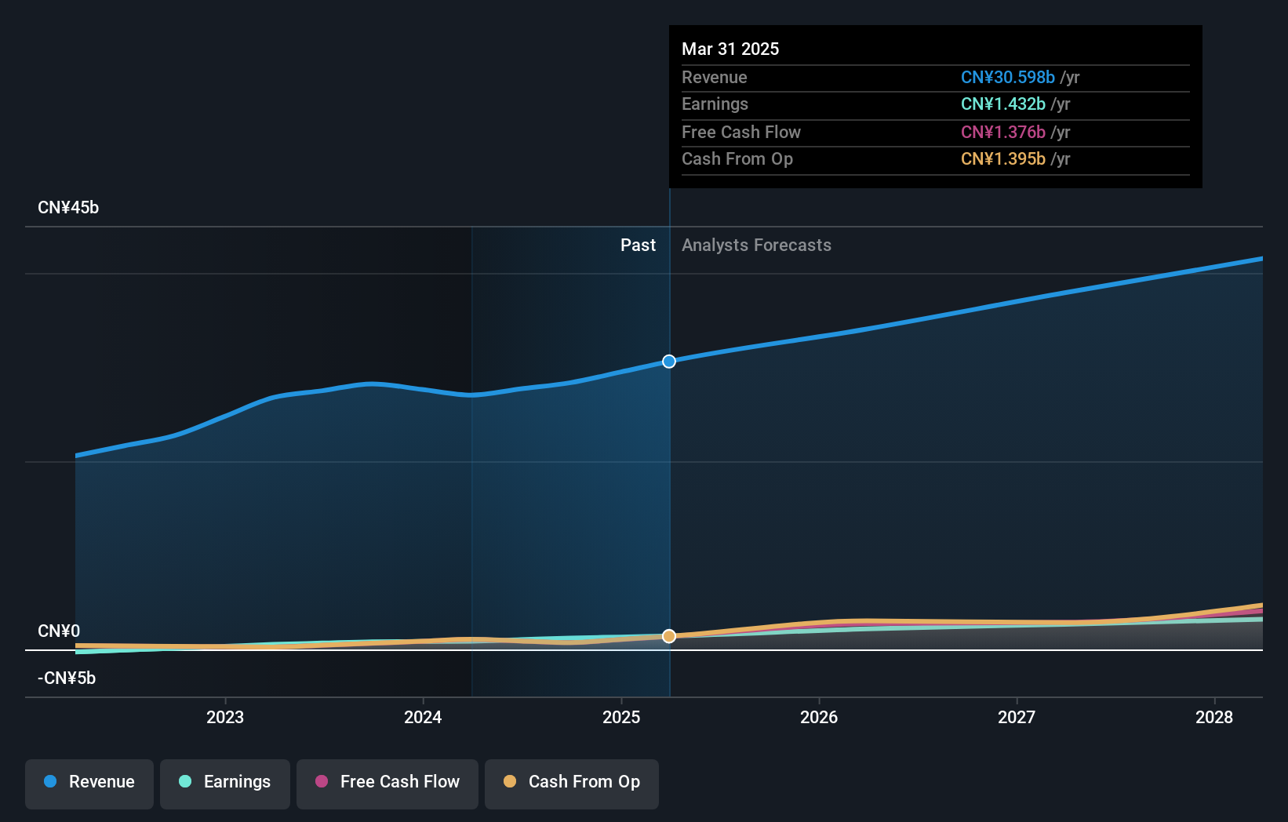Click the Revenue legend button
(x=89, y=783)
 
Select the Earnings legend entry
(x=225, y=783)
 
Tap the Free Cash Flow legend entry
(x=387, y=783)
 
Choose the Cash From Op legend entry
(x=572, y=783)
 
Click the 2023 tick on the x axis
(x=225, y=717)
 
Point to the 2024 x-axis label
(x=423, y=717)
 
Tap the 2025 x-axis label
(x=621, y=717)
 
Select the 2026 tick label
(x=819, y=717)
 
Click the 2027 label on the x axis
(x=1017, y=717)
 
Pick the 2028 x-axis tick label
(x=1214, y=717)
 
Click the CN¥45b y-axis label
(x=68, y=208)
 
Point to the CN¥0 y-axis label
(x=59, y=631)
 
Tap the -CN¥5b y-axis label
(x=67, y=678)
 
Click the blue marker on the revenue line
(x=669, y=362)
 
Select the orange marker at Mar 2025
(x=669, y=636)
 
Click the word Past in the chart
(x=638, y=246)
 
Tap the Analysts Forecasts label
(x=756, y=246)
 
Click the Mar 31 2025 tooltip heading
(x=730, y=49)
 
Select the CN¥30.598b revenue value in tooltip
(x=1007, y=78)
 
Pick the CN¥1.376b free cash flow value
(x=1002, y=133)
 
